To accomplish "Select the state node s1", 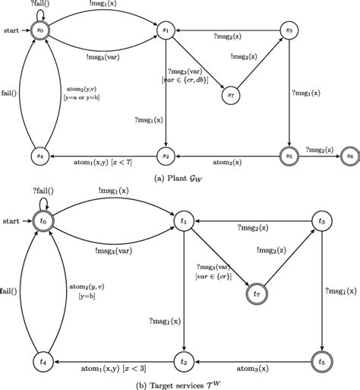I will point(166,30).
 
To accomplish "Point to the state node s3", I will point(289,30).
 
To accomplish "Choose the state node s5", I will point(289,154).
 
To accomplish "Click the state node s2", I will point(166,154).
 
